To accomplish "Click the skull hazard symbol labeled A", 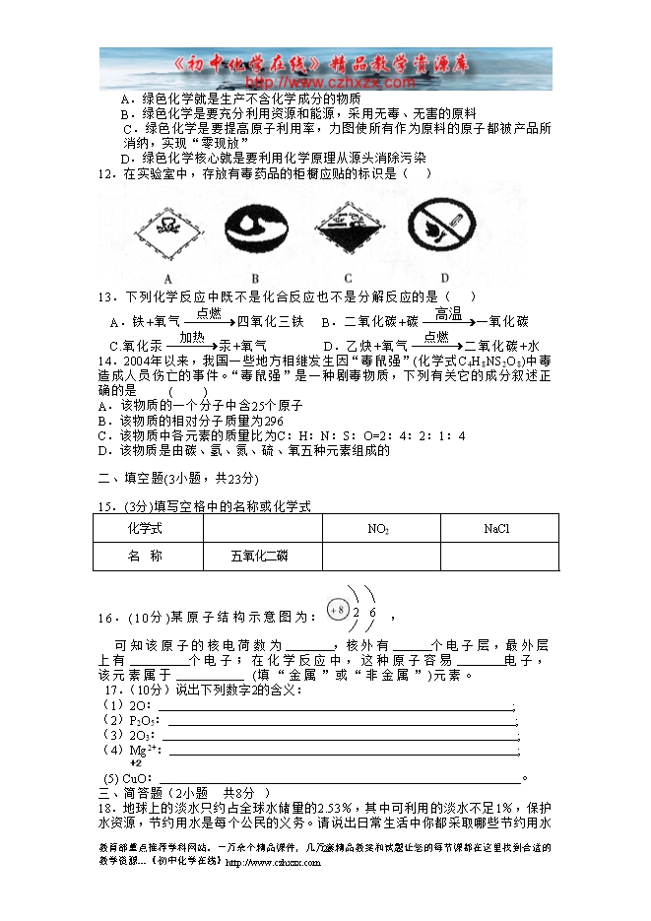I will point(169,232).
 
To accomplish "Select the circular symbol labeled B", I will point(255,233).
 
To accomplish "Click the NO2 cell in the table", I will point(378,529).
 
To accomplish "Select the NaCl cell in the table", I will point(496,529).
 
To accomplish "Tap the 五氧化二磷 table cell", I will point(260,557).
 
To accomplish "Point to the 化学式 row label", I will point(146,529).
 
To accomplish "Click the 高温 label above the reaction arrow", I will point(448,313).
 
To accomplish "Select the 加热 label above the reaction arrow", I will point(191,337).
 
